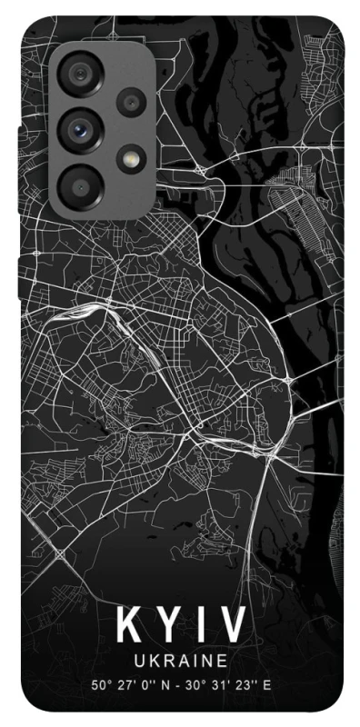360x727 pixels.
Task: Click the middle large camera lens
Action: point(79,129)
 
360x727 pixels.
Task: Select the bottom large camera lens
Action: point(78,182)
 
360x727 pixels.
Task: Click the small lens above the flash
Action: point(130,102)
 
